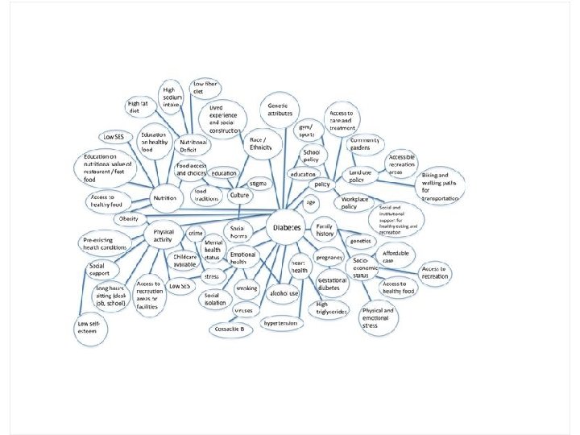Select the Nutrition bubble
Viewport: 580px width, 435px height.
pos(164,197)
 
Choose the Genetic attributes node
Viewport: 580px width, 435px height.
pos(280,110)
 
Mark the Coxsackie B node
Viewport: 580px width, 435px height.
pos(232,329)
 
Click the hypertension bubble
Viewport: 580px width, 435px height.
pos(281,323)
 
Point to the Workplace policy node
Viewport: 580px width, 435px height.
pos(360,203)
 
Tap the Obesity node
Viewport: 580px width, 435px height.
pos(128,219)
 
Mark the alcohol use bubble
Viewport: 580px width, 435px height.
pos(284,293)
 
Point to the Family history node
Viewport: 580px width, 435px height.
pos(325,231)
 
